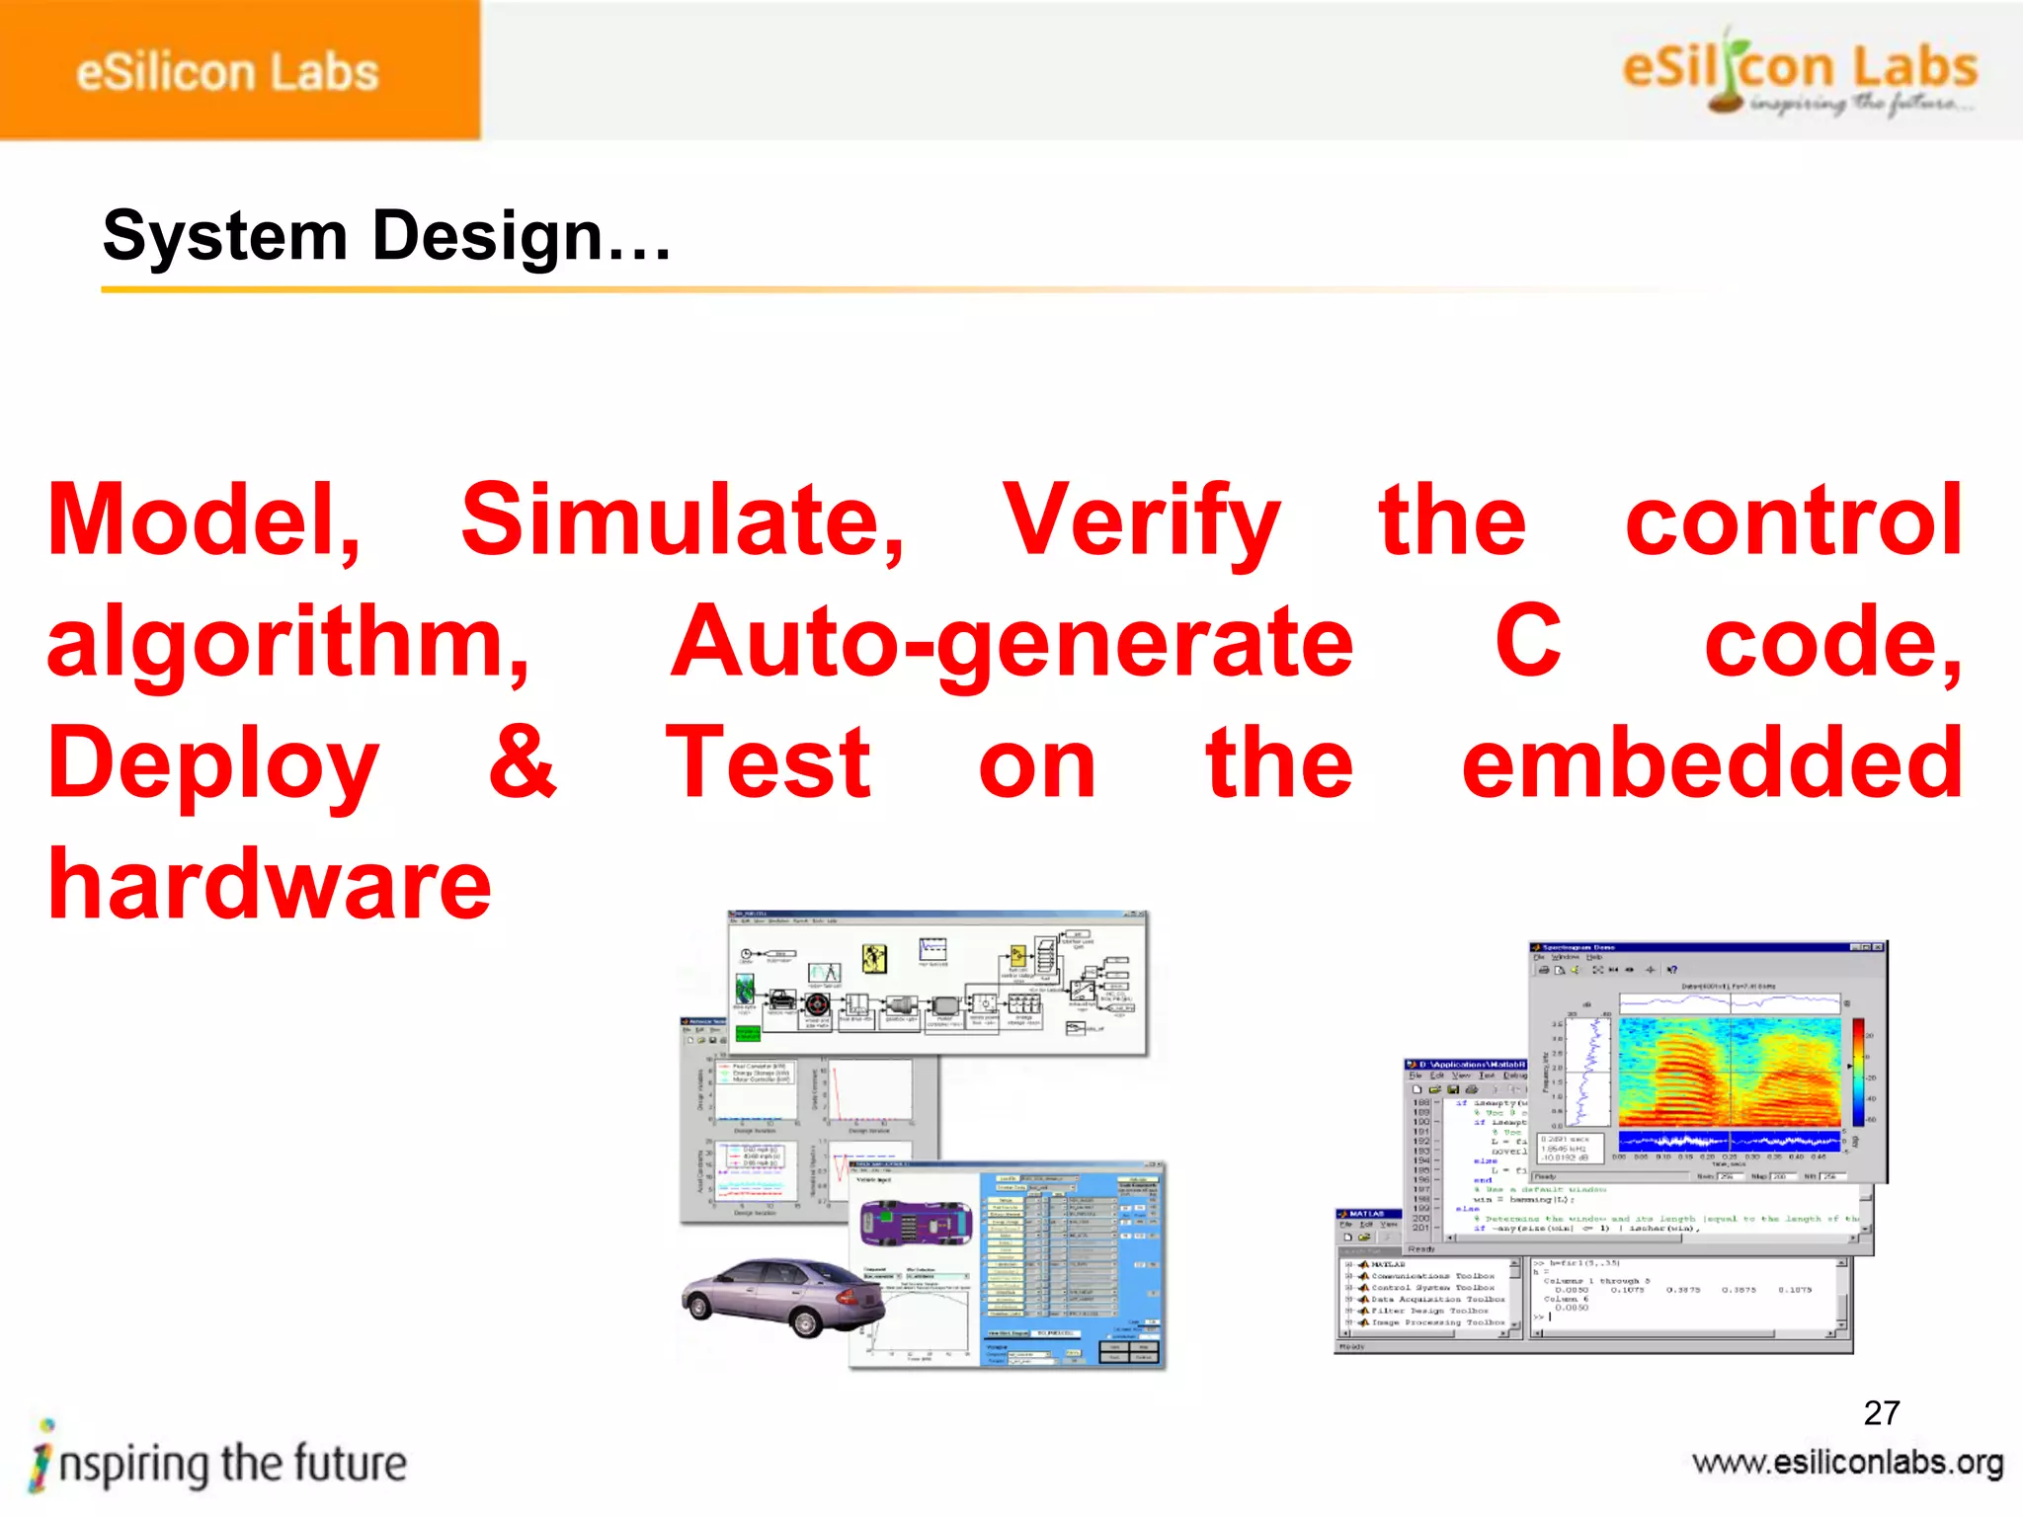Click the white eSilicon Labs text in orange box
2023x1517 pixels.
[227, 73]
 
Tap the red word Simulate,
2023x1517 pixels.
[683, 520]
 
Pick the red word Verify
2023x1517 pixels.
[1141, 520]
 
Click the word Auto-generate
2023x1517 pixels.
[1012, 642]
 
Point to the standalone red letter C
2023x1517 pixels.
[1528, 642]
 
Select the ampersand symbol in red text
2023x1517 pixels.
[523, 762]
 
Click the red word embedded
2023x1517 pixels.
[1712, 762]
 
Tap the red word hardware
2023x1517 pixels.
[270, 884]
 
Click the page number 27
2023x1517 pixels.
[1881, 1412]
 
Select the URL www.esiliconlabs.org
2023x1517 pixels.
[1847, 1462]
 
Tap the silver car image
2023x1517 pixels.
[782, 1297]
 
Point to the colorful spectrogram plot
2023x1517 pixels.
[1729, 1072]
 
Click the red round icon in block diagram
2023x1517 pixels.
[817, 1004]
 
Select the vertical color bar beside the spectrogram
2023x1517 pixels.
[1858, 1072]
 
